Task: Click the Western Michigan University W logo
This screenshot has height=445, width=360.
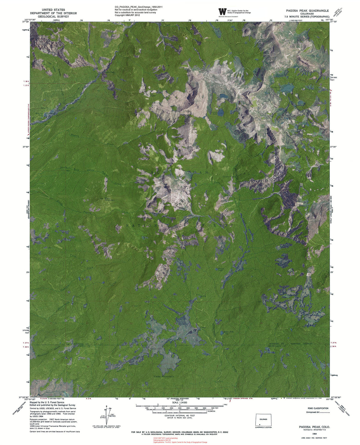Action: tap(222, 12)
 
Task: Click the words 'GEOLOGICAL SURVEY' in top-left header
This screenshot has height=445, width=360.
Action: tap(53, 17)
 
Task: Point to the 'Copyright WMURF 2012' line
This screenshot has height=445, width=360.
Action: tap(127, 15)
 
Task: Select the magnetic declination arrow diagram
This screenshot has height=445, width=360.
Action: tap(105, 415)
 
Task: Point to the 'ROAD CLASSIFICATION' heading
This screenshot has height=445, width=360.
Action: tap(318, 408)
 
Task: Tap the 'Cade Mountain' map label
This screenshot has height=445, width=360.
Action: tap(164, 376)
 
